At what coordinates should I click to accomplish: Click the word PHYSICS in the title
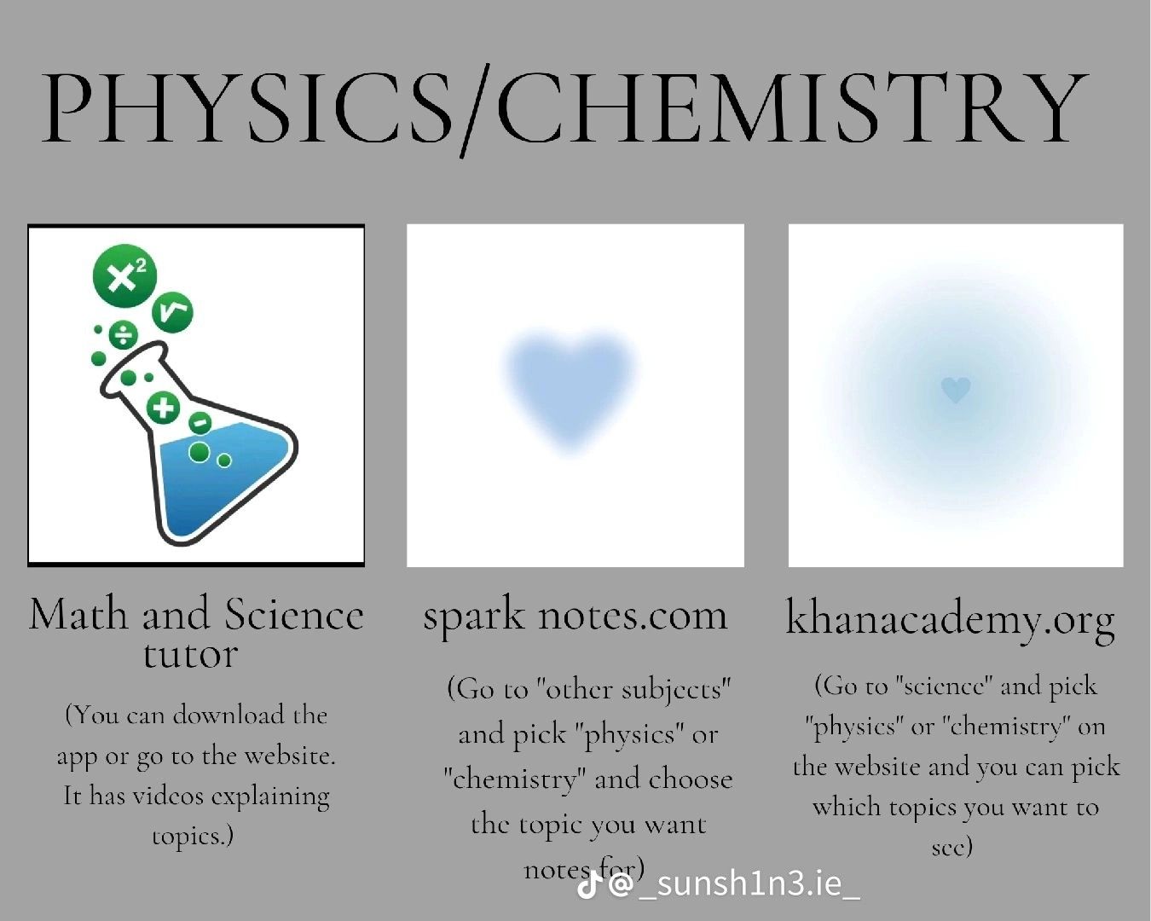pos(249,109)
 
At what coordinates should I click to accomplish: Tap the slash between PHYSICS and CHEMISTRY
pos(476,111)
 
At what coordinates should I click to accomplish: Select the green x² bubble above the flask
pos(124,276)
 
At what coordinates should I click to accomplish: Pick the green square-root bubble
pos(172,312)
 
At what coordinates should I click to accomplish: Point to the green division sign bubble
pos(124,335)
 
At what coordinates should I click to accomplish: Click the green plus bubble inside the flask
pos(163,408)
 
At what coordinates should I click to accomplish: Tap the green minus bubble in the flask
pos(200,423)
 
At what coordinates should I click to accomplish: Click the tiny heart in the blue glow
pos(955,389)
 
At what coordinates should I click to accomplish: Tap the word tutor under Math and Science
pos(190,654)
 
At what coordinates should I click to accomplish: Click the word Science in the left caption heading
pos(294,614)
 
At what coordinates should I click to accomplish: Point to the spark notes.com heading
pos(575,616)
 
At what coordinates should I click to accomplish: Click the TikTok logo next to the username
pos(587,884)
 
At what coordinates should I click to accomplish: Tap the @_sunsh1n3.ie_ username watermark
pos(734,884)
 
